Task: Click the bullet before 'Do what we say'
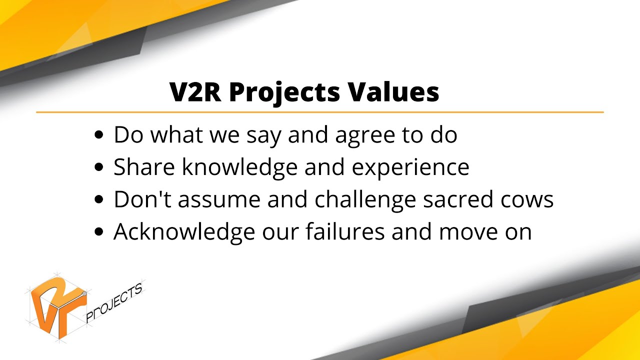click(x=99, y=135)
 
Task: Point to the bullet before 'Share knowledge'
click(x=99, y=167)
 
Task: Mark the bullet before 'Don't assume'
click(x=99, y=199)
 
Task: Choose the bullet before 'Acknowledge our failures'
click(x=99, y=232)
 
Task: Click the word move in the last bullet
click(x=461, y=232)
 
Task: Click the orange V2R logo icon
click(x=56, y=305)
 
